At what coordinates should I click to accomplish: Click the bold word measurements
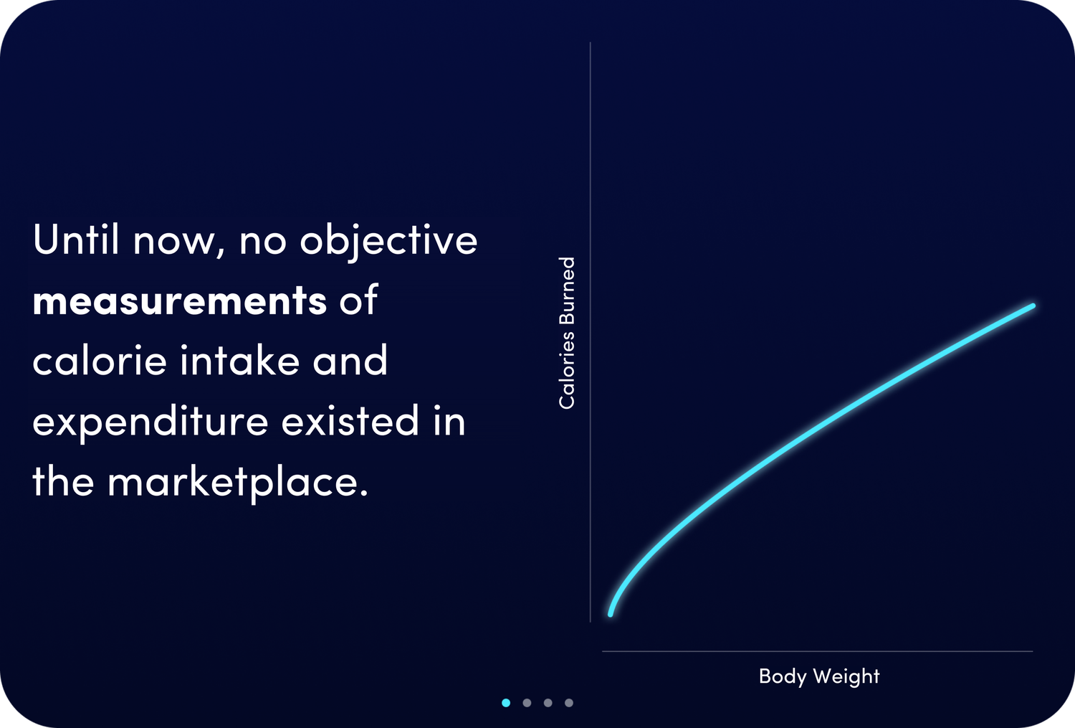click(x=179, y=301)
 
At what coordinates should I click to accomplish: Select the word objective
click(x=388, y=241)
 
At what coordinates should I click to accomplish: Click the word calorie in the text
click(x=99, y=360)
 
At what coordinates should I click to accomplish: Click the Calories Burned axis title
click(x=567, y=333)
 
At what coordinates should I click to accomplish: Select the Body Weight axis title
click(x=819, y=676)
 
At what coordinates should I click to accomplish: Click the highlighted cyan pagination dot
click(x=506, y=703)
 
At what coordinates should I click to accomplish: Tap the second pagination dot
click(x=527, y=703)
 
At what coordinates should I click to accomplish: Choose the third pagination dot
click(x=548, y=703)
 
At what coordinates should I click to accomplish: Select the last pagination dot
click(x=569, y=703)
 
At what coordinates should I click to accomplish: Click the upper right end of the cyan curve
click(x=1033, y=306)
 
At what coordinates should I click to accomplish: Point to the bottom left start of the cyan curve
click(x=611, y=614)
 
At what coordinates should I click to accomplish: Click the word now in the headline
click(x=173, y=241)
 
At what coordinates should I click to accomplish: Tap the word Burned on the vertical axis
click(x=567, y=292)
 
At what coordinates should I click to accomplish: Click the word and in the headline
click(x=350, y=360)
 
